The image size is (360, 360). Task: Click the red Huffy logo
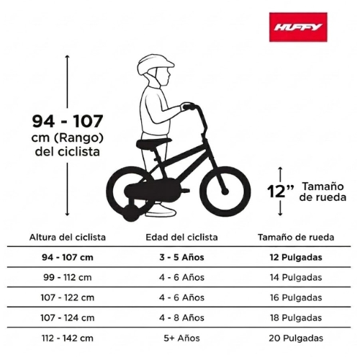tap(298, 27)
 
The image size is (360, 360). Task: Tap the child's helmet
tap(156, 63)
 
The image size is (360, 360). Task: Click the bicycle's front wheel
tap(225, 192)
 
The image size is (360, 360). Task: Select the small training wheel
tap(131, 213)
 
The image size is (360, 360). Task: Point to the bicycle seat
tap(154, 143)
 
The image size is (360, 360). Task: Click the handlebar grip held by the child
tap(189, 107)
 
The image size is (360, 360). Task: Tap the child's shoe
tap(161, 212)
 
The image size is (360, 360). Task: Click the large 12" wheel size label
tap(280, 192)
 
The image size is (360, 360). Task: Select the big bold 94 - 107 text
tap(68, 121)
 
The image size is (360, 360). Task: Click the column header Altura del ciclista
tap(68, 238)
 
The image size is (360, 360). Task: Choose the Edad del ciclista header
tap(181, 238)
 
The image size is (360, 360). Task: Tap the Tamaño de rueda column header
tap(296, 238)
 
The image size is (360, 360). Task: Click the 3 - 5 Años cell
tap(181, 258)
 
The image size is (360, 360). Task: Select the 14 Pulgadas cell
tap(296, 277)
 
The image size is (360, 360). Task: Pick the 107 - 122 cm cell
tap(68, 297)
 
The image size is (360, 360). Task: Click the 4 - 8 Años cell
tap(181, 318)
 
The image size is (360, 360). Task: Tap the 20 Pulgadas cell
tap(296, 338)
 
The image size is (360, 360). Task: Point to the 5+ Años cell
tap(181, 338)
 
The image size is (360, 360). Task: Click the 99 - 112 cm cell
tap(68, 277)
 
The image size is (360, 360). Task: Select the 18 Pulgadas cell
tap(296, 318)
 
